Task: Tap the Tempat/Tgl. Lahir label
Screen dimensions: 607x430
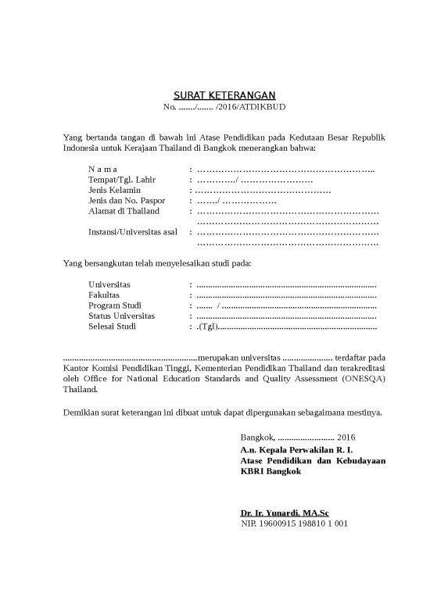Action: (124, 180)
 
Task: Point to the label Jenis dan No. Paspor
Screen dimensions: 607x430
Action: (127, 201)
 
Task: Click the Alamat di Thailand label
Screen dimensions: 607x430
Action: (124, 211)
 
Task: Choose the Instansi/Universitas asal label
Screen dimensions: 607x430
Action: (134, 231)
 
